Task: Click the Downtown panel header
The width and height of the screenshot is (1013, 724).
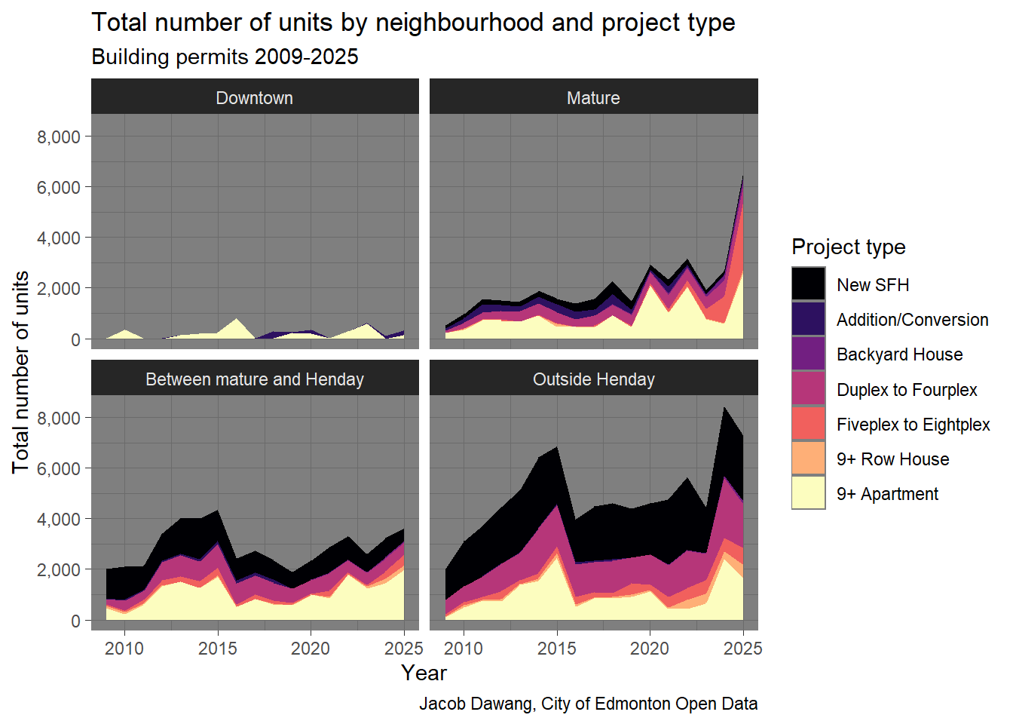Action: pyautogui.click(x=255, y=98)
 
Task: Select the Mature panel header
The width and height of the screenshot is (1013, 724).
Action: pyautogui.click(x=593, y=98)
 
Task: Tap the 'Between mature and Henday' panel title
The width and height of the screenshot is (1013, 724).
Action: pyautogui.click(x=255, y=379)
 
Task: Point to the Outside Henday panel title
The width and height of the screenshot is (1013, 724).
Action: pyautogui.click(x=593, y=379)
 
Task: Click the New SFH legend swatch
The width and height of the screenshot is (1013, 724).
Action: pyautogui.click(x=808, y=284)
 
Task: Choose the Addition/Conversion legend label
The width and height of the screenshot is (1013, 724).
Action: pyautogui.click(x=912, y=320)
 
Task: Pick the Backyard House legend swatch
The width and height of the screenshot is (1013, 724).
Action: pyautogui.click(x=808, y=354)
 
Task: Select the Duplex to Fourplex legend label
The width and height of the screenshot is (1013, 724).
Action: pyautogui.click(x=907, y=390)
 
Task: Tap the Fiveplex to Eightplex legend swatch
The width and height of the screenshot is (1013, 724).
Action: pyautogui.click(x=808, y=424)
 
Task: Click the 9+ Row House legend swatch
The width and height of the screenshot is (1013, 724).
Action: pyautogui.click(x=808, y=459)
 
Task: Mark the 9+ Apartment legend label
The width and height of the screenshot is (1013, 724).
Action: pyautogui.click(x=887, y=494)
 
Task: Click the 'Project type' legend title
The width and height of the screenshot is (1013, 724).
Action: pyautogui.click(x=848, y=247)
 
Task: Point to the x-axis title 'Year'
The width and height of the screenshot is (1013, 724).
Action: pyautogui.click(x=424, y=673)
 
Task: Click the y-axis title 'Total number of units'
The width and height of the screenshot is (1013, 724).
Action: pyautogui.click(x=20, y=372)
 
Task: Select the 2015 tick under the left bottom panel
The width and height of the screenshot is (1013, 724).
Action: pyautogui.click(x=217, y=649)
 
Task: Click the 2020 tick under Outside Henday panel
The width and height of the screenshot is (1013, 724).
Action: pyautogui.click(x=649, y=649)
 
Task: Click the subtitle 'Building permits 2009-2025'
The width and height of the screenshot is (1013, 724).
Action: pyautogui.click(x=225, y=57)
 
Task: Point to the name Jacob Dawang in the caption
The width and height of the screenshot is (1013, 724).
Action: pyautogui.click(x=476, y=704)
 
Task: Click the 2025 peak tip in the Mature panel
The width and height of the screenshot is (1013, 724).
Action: pyautogui.click(x=743, y=176)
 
